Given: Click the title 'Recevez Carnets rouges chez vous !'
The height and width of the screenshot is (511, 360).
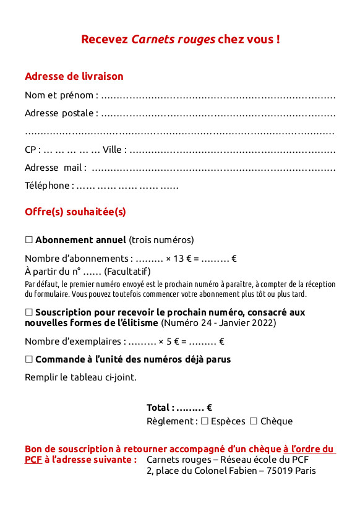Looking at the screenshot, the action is (x=180, y=40).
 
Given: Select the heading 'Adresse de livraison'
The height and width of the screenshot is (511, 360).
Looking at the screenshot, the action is (x=74, y=77).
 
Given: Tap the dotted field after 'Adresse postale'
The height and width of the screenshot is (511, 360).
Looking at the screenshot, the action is (x=218, y=114).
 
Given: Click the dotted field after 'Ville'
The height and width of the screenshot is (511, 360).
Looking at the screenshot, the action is (x=233, y=150).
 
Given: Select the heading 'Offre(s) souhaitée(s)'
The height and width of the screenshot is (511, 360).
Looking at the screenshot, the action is (x=75, y=212).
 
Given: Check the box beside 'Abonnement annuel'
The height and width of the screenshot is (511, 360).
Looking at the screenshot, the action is (x=29, y=240).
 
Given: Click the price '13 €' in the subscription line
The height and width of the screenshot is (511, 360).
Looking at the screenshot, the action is (x=179, y=259).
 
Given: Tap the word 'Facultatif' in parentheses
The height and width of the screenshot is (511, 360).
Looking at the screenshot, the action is (x=127, y=271).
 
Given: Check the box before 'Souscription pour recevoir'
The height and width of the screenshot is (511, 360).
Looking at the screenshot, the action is (x=29, y=312).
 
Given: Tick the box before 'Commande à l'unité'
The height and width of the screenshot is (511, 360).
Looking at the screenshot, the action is (x=29, y=359).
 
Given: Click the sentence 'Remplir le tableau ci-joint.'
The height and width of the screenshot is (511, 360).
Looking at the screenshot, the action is (x=80, y=377).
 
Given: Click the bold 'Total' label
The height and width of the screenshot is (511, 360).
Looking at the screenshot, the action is (x=159, y=408).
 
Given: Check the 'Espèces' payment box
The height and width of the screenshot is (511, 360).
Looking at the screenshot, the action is (x=205, y=421).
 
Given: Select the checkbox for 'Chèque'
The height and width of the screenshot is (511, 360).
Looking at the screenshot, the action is (x=254, y=421).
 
